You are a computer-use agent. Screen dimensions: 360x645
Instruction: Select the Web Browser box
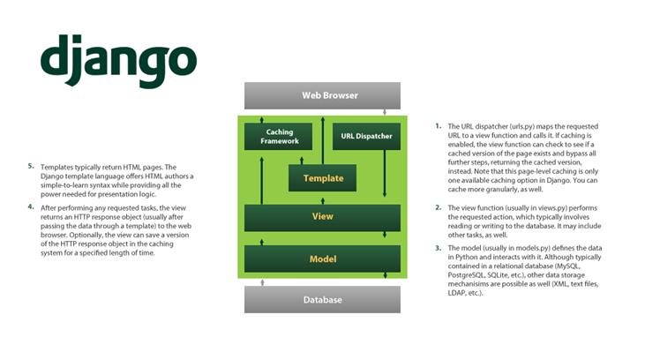tap(322, 95)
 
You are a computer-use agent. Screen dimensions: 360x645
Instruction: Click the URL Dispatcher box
tap(367, 136)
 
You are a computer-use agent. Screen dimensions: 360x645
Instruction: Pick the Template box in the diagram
tap(323, 178)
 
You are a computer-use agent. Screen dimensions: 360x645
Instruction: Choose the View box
tap(322, 216)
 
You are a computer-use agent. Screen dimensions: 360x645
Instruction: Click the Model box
tap(322, 259)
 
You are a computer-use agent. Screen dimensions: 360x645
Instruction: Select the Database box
tap(322, 300)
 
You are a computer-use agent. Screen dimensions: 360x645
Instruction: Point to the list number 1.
tap(439, 126)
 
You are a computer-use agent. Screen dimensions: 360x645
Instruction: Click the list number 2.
tap(439, 207)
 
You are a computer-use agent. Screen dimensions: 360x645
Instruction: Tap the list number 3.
tap(439, 249)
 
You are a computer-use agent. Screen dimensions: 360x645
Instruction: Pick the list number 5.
tap(31, 165)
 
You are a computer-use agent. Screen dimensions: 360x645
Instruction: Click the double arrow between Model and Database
tap(261, 281)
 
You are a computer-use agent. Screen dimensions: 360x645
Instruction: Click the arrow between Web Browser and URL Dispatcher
tap(384, 113)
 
